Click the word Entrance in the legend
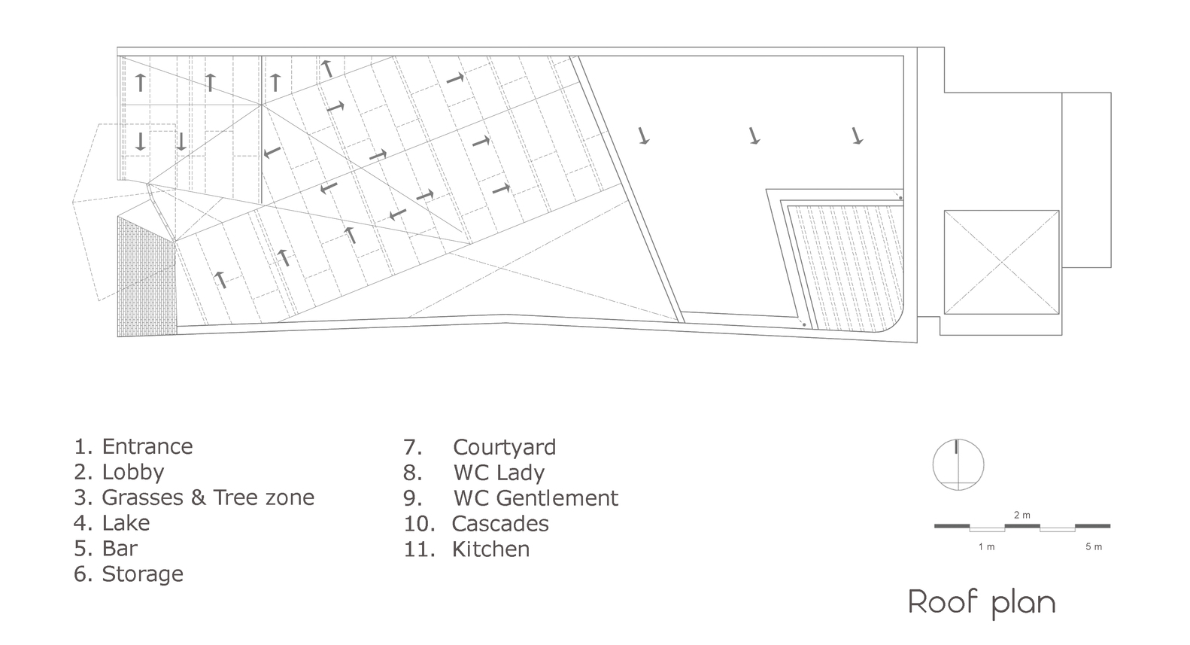tap(147, 446)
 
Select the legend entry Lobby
tap(132, 472)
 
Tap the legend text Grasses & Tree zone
tap(208, 497)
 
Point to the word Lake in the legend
tap(126, 523)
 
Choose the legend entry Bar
tap(120, 549)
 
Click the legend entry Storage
tap(142, 574)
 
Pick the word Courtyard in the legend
tap(504, 447)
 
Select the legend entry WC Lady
tap(499, 473)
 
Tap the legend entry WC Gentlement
tap(536, 498)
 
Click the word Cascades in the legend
tap(500, 524)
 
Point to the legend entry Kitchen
tap(490, 549)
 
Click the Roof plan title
tap(982, 603)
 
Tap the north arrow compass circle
tap(958, 464)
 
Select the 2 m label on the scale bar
tap(1022, 516)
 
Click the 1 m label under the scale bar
tap(986, 547)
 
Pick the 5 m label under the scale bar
tap(1093, 547)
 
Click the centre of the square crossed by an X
tap(1001, 262)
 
